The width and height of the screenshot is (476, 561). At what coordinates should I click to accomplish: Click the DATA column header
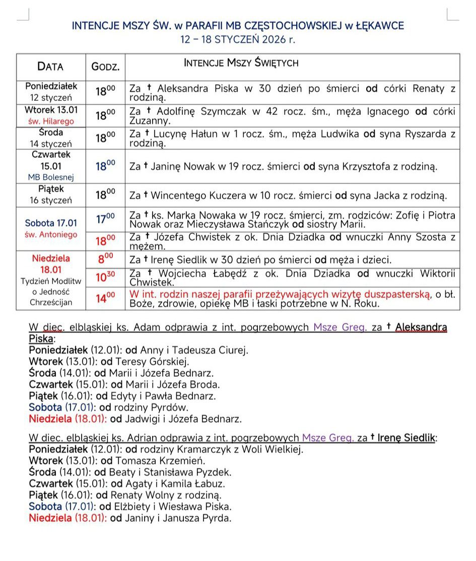point(50,66)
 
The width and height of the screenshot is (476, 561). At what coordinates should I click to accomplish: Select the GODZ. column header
point(105,67)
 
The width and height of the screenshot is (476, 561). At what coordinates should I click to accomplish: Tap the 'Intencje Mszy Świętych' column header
point(241,63)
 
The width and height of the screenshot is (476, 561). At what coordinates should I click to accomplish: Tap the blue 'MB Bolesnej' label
point(50,177)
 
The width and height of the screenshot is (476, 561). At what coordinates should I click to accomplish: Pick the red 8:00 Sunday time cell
point(105,259)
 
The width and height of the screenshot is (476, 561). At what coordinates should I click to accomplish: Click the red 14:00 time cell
point(105,299)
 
